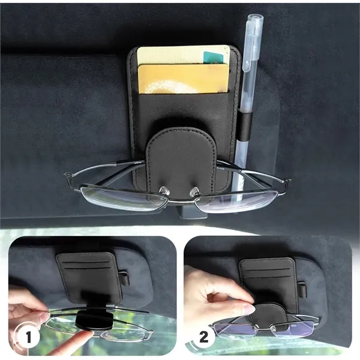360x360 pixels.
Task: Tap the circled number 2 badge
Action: (x=203, y=336)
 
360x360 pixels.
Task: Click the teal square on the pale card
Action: (x=214, y=58)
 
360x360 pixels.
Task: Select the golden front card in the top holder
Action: (x=183, y=79)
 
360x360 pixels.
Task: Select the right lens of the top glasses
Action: (x=240, y=199)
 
